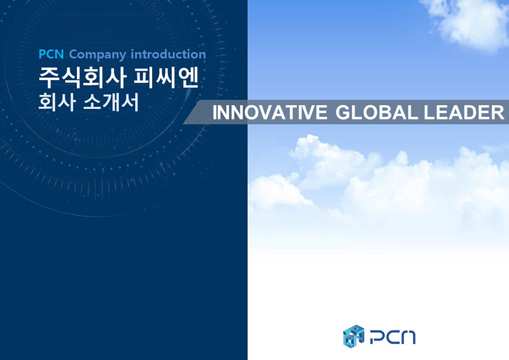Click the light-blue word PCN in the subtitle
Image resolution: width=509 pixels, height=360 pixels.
[x=51, y=54]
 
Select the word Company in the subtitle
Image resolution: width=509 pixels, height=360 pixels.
[x=97, y=55]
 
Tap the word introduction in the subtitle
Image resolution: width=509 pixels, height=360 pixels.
[x=168, y=54]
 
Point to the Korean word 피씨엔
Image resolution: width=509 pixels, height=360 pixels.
[x=166, y=78]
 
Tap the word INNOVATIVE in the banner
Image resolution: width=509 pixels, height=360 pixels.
[x=270, y=112]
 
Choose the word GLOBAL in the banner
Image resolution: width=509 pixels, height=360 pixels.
[x=376, y=112]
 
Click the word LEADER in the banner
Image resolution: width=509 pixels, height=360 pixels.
[x=464, y=112]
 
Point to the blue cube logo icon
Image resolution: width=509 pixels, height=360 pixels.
[x=353, y=336]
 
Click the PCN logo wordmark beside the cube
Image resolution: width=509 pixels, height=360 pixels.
[x=393, y=337]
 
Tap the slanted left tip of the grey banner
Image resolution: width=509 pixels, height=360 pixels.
[x=183, y=124]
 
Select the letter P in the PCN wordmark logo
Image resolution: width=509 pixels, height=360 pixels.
[x=377, y=337]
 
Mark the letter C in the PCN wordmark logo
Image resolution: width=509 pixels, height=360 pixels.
[x=392, y=337]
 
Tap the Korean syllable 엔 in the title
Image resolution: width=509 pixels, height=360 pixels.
[x=189, y=78]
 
